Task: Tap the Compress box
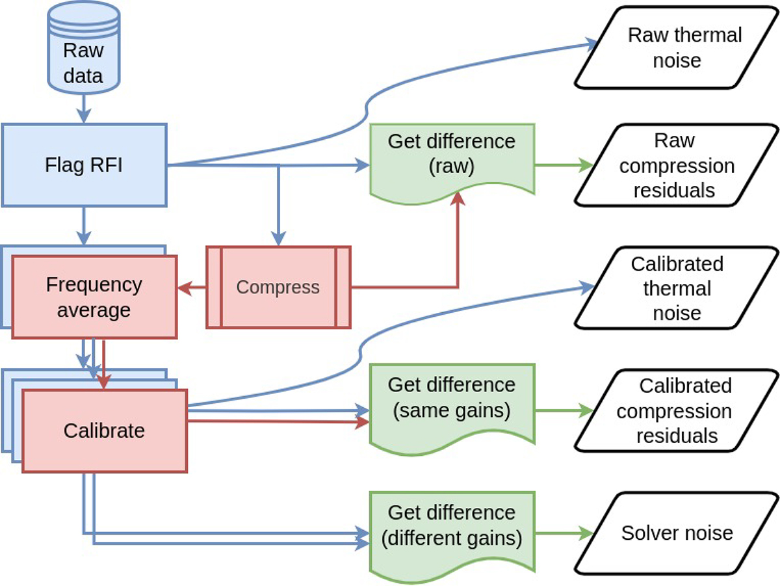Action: (278, 287)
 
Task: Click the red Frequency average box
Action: (94, 297)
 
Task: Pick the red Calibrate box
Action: (105, 430)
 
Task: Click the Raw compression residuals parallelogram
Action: (676, 165)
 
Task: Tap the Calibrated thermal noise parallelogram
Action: (676, 288)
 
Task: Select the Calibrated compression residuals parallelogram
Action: (676, 410)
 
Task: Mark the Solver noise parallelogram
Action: (676, 533)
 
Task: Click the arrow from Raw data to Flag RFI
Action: (83, 107)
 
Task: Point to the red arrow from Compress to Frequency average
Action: (192, 287)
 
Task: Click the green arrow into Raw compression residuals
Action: (563, 165)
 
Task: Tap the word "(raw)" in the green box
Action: (452, 166)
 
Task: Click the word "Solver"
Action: (650, 533)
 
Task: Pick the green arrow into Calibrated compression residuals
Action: (563, 410)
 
